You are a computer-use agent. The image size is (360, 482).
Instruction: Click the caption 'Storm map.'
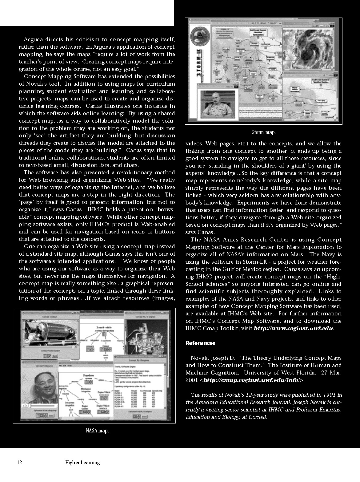tap(264, 132)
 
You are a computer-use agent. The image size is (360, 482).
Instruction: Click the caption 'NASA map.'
tap(97, 431)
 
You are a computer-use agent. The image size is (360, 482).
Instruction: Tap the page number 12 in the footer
tap(20, 462)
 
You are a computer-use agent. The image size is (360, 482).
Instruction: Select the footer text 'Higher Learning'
tap(82, 462)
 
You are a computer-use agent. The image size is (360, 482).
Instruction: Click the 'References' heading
tap(200, 343)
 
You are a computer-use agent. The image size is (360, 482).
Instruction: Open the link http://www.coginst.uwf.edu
tap(293, 328)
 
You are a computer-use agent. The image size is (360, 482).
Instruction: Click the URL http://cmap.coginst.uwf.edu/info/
tap(251, 380)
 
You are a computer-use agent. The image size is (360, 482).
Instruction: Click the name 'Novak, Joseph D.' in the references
tap(213, 358)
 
